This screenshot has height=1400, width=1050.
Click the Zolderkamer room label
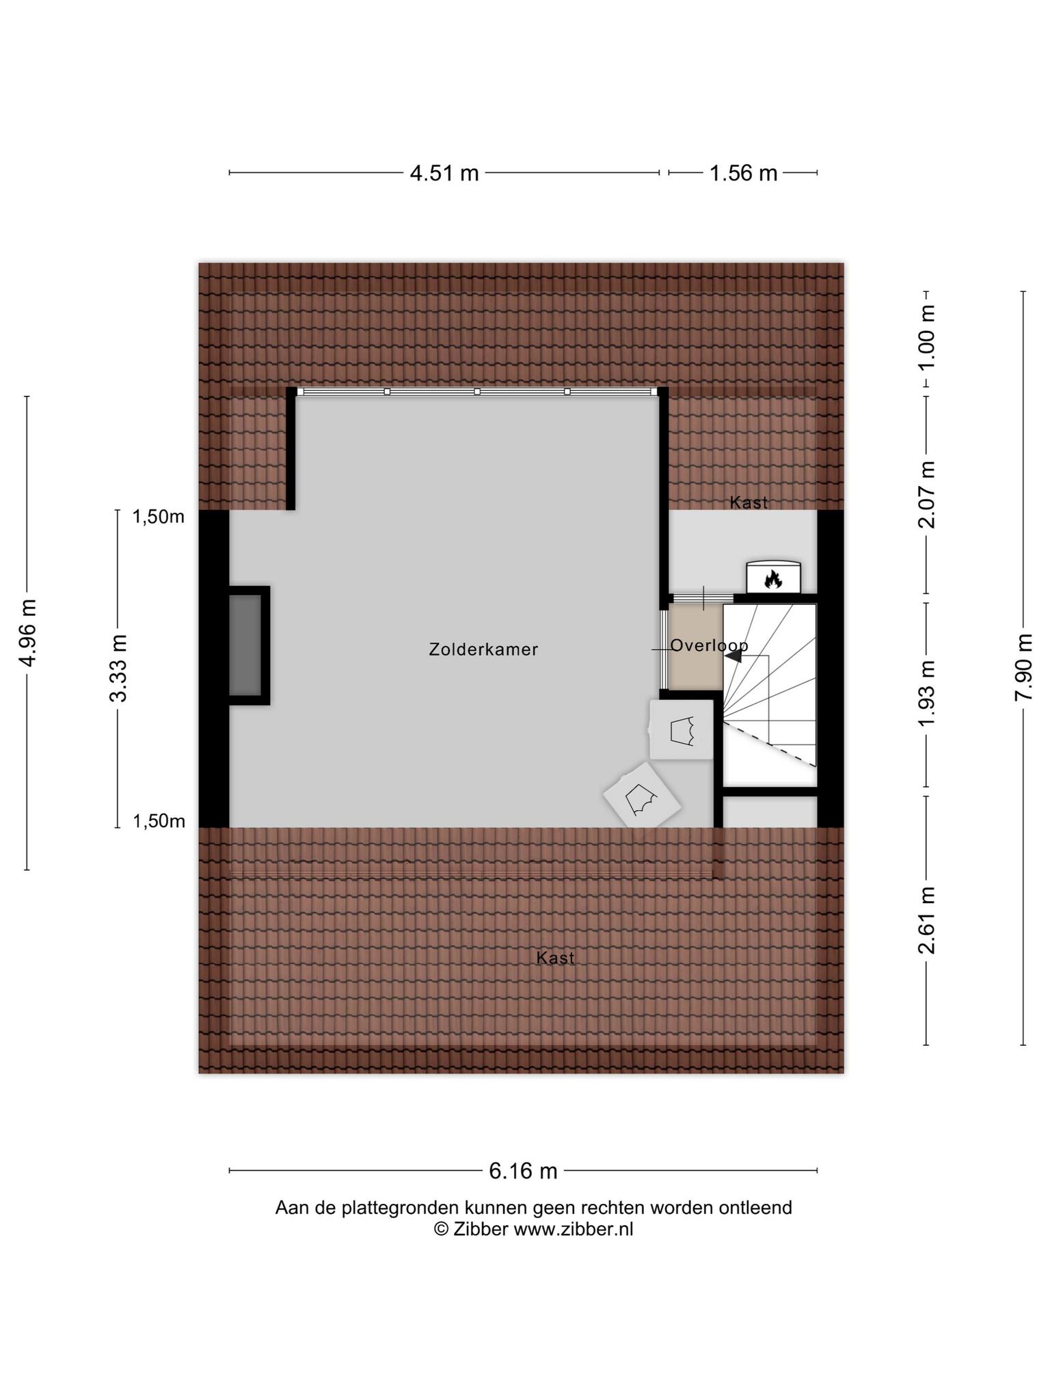[x=483, y=649]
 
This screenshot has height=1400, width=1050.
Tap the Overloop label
[x=709, y=645]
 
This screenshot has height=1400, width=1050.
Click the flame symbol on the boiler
[x=773, y=580]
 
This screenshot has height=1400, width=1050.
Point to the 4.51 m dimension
[x=444, y=173]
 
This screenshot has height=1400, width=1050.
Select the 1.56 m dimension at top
[x=743, y=173]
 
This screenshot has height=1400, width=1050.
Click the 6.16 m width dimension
[x=523, y=1171]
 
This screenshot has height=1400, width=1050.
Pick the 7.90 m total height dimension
[x=1023, y=667]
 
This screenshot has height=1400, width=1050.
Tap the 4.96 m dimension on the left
[x=27, y=632]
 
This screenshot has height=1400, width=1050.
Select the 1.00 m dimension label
[x=926, y=337]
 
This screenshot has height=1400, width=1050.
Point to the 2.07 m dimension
[x=926, y=495]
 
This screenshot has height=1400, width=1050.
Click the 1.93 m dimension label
[x=926, y=695]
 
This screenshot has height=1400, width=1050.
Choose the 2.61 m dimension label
[x=926, y=920]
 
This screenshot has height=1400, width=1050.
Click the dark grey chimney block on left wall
[x=245, y=645]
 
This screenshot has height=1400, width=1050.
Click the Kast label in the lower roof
[x=556, y=958]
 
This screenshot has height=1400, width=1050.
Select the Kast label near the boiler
[x=749, y=502]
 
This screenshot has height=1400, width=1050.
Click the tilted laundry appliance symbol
[x=642, y=796]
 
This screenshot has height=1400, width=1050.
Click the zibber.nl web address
[x=574, y=1229]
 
